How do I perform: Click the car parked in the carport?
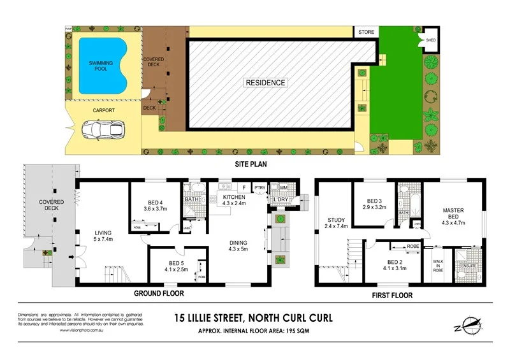pos(105,129)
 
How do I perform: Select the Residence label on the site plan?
pos(266,83)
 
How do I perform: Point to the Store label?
pos(366,31)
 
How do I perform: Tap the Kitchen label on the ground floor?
pos(234,198)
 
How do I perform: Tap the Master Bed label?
pos(453,213)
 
